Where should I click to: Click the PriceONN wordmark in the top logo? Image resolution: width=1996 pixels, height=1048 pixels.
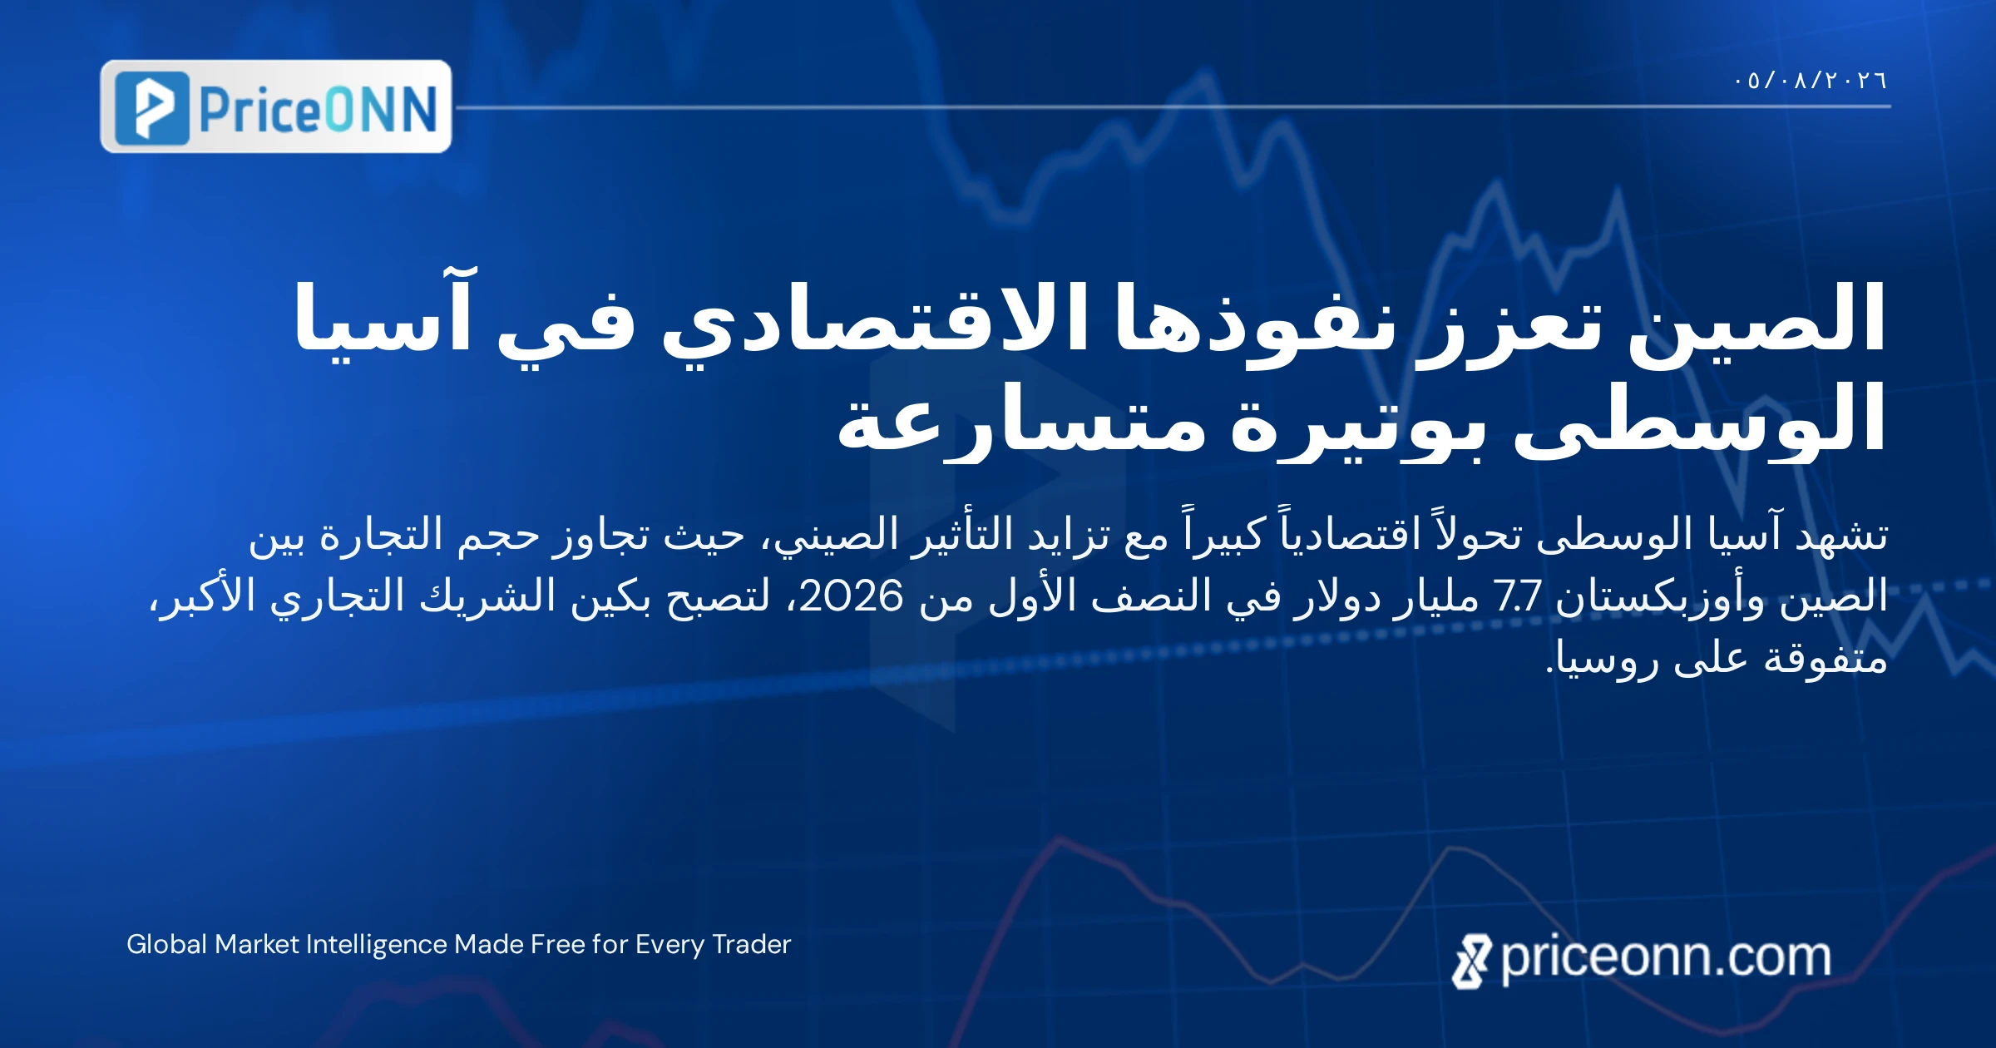point(319,110)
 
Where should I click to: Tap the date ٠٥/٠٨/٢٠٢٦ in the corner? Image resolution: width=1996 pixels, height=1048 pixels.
point(1811,81)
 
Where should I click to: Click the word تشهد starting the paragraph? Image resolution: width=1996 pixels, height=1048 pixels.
point(1842,535)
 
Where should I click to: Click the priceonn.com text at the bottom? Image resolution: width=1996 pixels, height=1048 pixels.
point(1666,958)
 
